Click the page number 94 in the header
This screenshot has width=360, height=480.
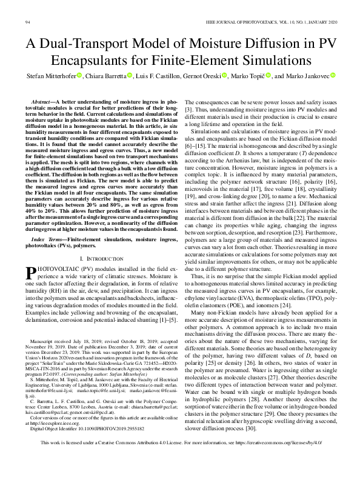click(28, 22)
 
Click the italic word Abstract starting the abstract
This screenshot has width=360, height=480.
click(44, 104)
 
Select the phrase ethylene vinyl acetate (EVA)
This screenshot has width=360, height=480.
click(221, 297)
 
